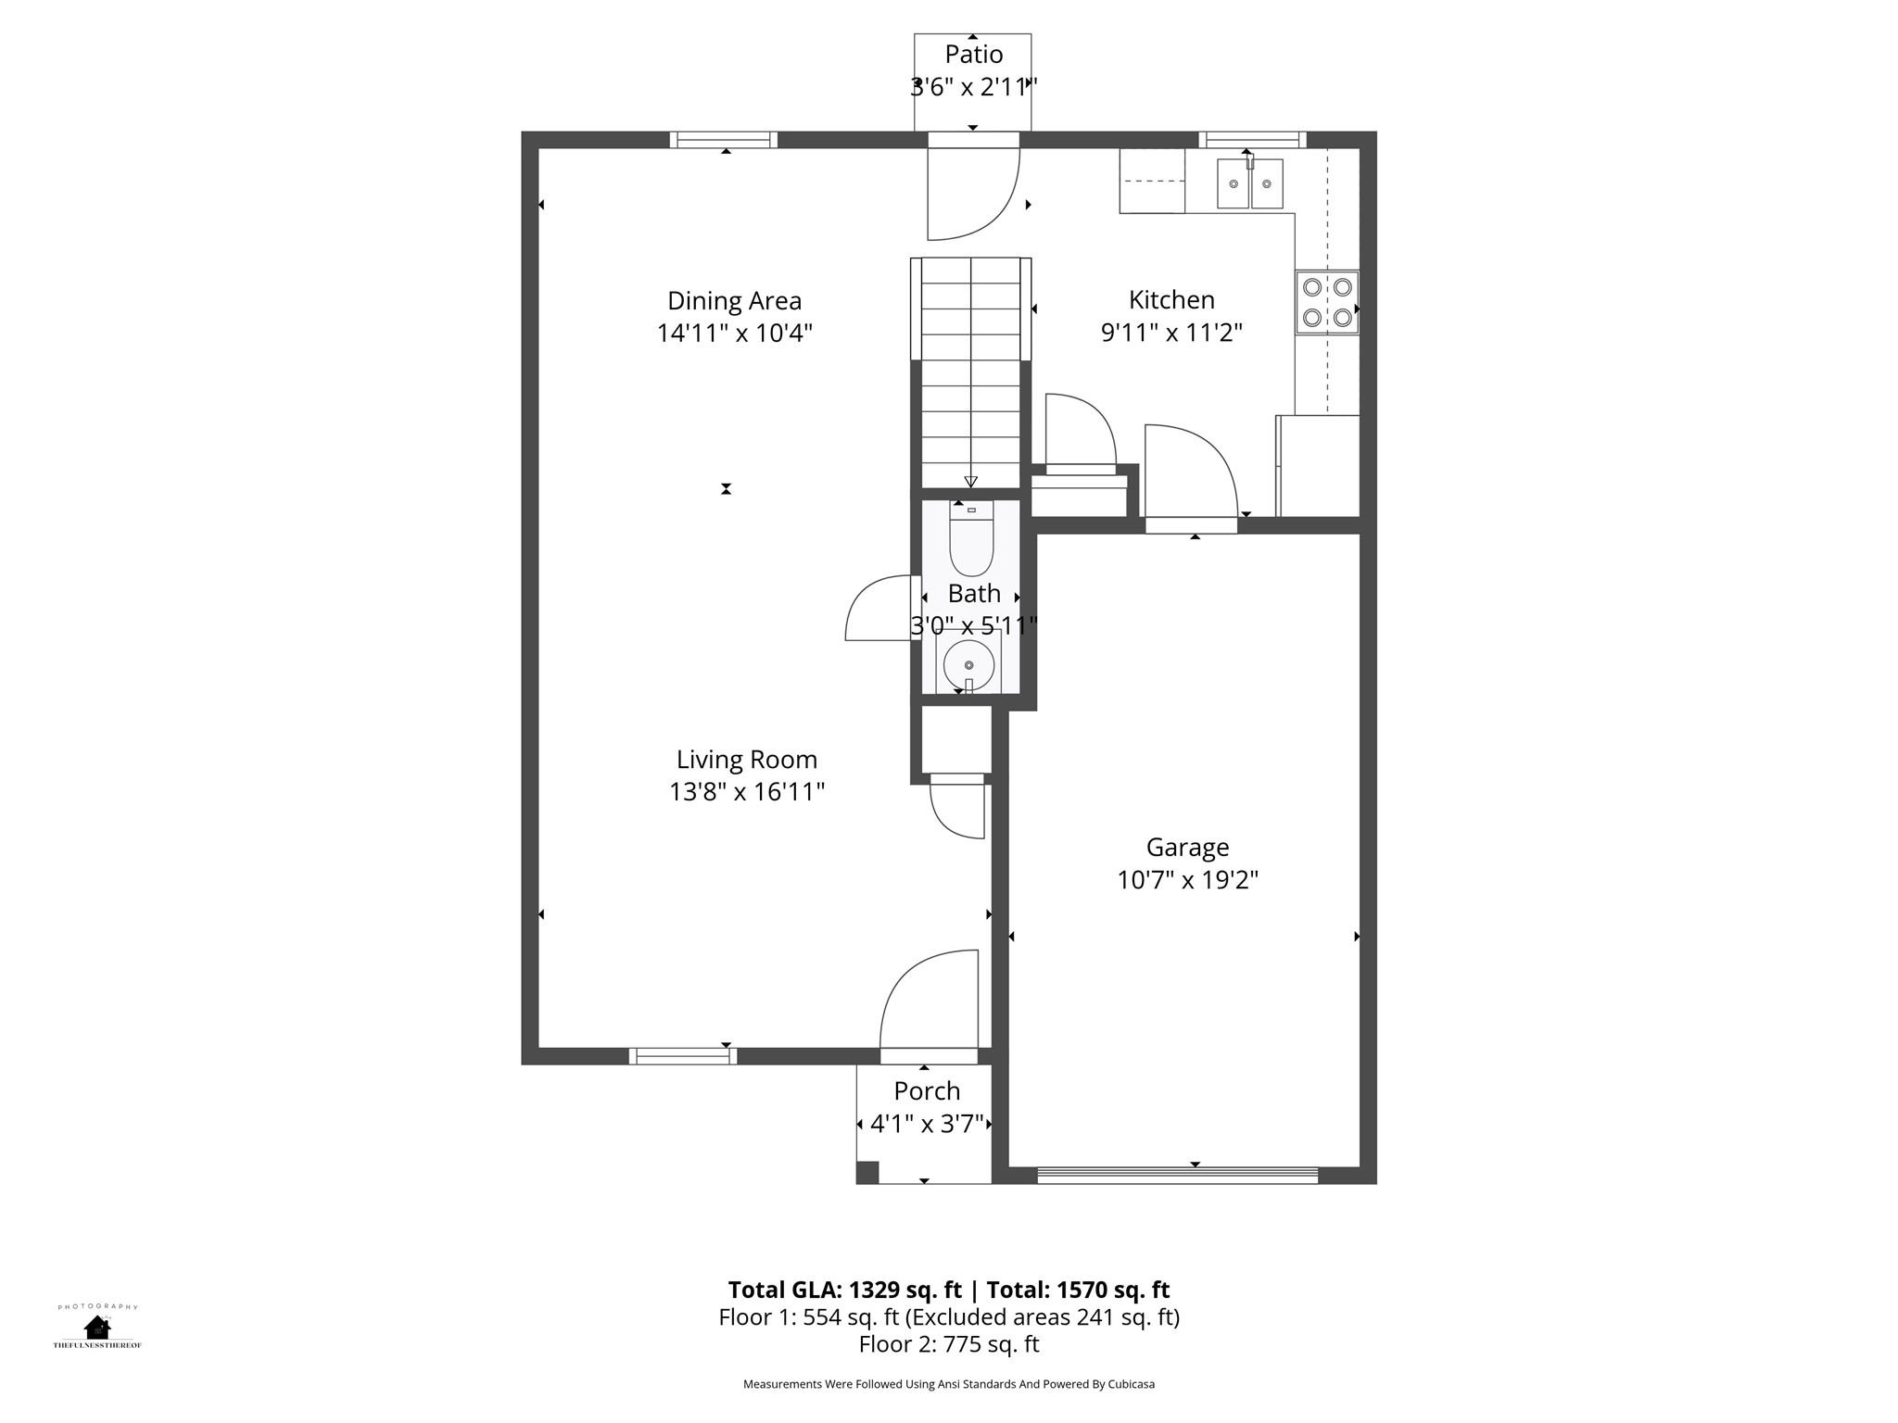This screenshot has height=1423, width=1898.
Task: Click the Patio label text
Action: click(973, 54)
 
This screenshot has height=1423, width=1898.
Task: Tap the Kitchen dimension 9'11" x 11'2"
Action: click(1171, 333)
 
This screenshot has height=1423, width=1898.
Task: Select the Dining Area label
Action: click(734, 301)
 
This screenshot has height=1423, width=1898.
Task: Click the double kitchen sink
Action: click(1249, 184)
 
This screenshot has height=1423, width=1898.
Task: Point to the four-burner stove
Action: click(1326, 302)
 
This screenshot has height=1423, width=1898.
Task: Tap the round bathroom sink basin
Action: click(968, 664)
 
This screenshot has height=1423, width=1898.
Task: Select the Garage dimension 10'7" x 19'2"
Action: click(1187, 880)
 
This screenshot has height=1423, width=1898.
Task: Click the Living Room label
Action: click(746, 760)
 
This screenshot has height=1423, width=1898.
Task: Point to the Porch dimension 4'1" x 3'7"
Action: click(926, 1125)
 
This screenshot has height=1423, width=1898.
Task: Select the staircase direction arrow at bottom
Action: click(970, 481)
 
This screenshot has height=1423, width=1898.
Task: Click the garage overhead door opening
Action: click(1177, 1176)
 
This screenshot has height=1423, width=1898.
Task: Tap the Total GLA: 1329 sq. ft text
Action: click(847, 1290)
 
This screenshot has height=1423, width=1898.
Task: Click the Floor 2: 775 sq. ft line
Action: click(948, 1344)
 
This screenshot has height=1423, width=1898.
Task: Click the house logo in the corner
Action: click(96, 1328)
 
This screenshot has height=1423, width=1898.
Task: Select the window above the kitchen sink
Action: click(1252, 140)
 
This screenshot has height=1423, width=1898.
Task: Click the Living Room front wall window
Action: click(682, 1055)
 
